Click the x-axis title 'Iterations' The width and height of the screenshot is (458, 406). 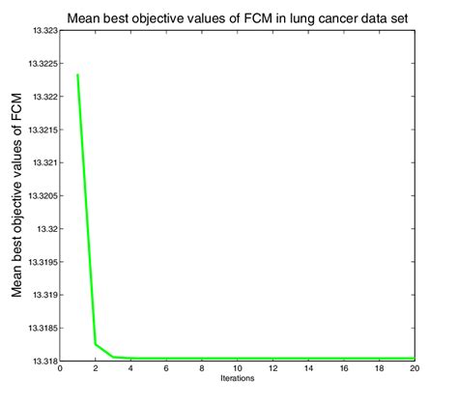pos(237,378)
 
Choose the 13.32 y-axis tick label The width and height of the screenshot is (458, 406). pos(46,229)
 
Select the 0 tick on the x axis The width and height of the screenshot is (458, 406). pos(60,368)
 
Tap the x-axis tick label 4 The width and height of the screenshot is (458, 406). pos(130,368)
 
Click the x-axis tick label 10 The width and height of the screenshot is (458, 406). pos(237,368)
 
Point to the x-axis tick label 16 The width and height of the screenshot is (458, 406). pos(343,368)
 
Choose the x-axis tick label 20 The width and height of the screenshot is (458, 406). pos(414,368)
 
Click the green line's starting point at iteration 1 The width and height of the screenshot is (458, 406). pos(77,74)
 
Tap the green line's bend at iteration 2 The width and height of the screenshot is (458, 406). pos(95,343)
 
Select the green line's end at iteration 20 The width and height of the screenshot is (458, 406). pos(414,358)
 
